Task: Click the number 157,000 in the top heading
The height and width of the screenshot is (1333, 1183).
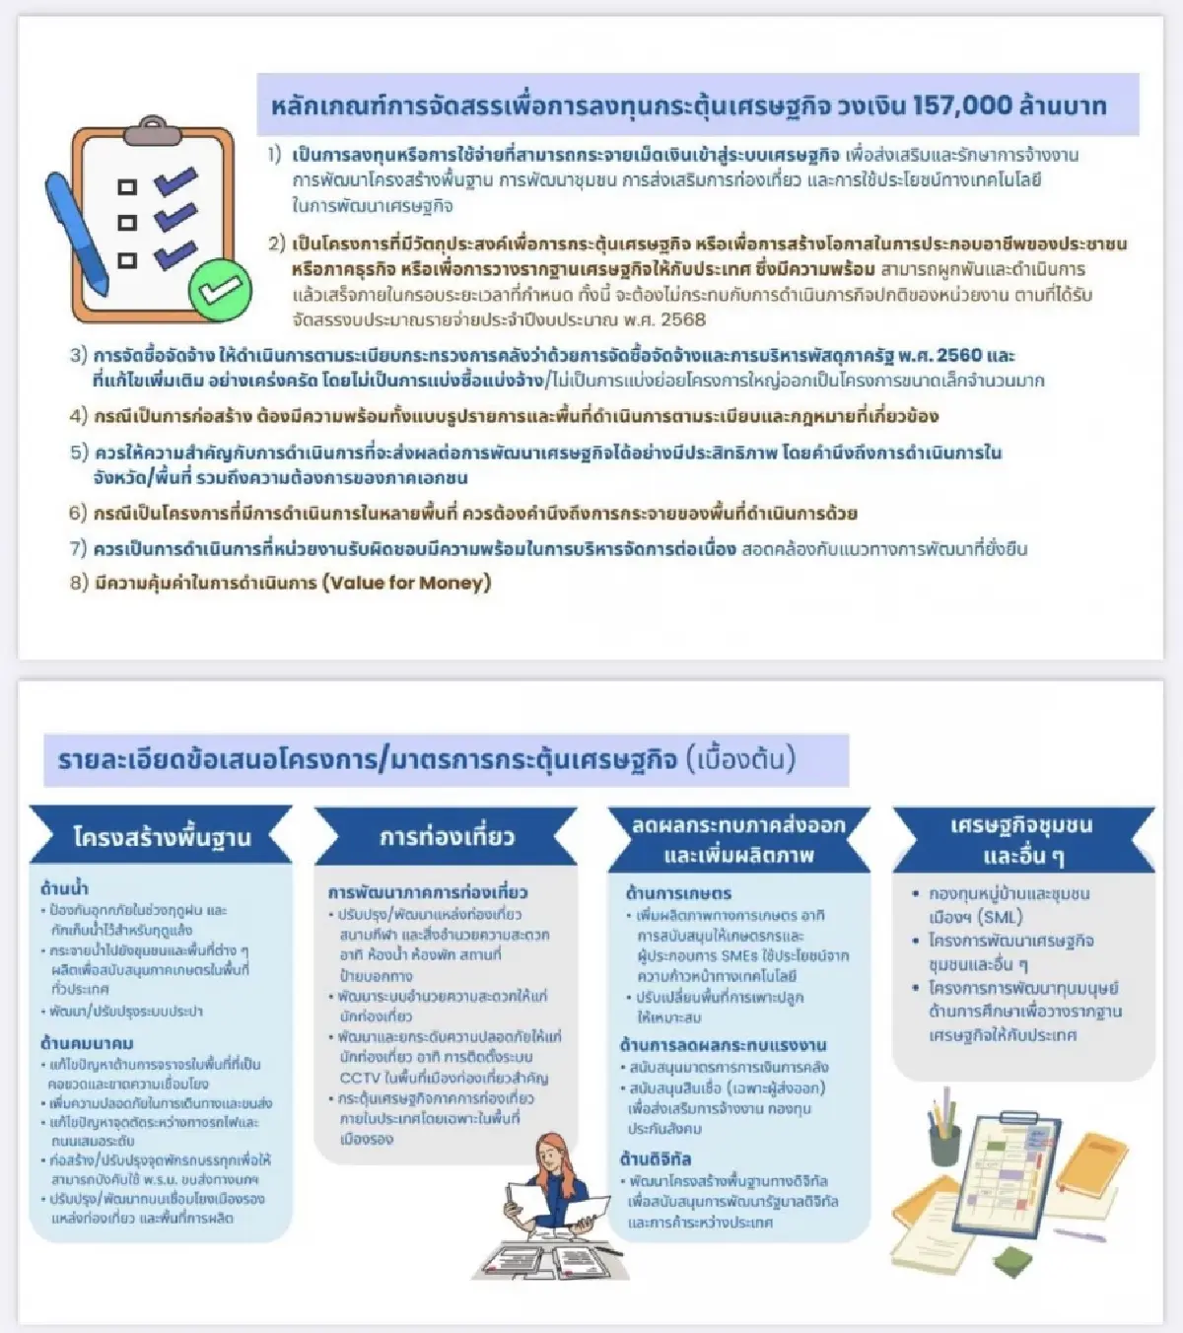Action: pyautogui.click(x=948, y=105)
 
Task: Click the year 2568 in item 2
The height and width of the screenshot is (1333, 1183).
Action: pyautogui.click(x=683, y=319)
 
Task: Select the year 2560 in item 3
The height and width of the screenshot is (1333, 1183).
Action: pyautogui.click(x=959, y=355)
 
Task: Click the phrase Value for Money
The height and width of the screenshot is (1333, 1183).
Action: pyautogui.click(x=406, y=583)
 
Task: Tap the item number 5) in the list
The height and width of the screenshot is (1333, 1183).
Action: pyautogui.click(x=79, y=453)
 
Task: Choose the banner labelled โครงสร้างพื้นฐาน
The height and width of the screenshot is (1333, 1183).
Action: pyautogui.click(x=161, y=837)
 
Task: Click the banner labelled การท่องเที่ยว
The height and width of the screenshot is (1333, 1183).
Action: pyautogui.click(x=446, y=837)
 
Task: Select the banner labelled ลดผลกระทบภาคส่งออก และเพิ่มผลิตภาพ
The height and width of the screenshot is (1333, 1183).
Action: pyautogui.click(x=738, y=839)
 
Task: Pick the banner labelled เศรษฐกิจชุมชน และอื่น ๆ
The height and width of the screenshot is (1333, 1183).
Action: pyautogui.click(x=1021, y=839)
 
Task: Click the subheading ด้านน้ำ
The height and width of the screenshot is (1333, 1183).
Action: pyautogui.click(x=64, y=888)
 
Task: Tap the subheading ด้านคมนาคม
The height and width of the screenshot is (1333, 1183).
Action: pyautogui.click(x=87, y=1043)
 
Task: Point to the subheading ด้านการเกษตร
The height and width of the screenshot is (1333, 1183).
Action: pyautogui.click(x=678, y=893)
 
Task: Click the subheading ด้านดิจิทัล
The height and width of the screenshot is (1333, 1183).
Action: pyautogui.click(x=656, y=1158)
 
